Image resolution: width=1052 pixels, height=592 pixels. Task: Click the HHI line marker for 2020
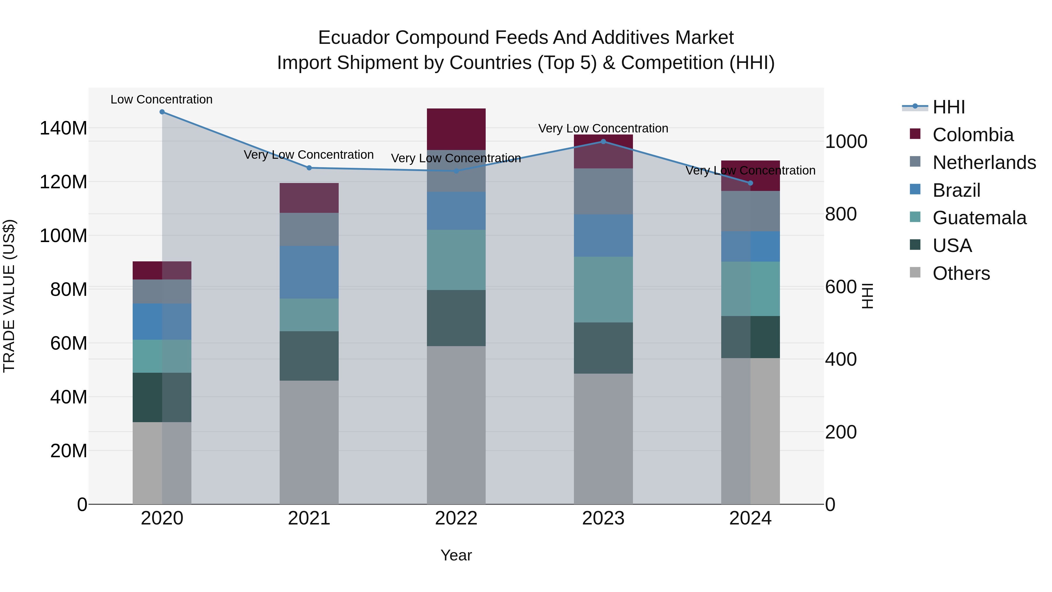(162, 112)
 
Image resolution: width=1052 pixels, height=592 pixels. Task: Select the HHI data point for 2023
(603, 142)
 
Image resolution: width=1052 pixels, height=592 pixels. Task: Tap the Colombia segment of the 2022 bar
(456, 129)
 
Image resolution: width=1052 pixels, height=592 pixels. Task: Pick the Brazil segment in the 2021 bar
(309, 272)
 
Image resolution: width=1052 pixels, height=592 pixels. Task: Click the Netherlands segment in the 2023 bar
(603, 191)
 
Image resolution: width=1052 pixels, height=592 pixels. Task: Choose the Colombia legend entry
(972, 135)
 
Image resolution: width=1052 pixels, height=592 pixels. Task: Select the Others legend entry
(961, 273)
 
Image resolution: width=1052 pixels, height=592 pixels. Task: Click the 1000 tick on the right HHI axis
(846, 142)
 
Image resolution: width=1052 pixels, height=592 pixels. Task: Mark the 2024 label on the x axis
(750, 518)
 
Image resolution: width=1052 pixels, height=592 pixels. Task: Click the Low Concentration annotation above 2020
(161, 99)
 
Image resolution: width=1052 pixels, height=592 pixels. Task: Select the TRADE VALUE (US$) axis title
(9, 296)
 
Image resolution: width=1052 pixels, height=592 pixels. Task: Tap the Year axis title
(456, 555)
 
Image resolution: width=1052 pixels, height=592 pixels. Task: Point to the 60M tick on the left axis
(69, 343)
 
